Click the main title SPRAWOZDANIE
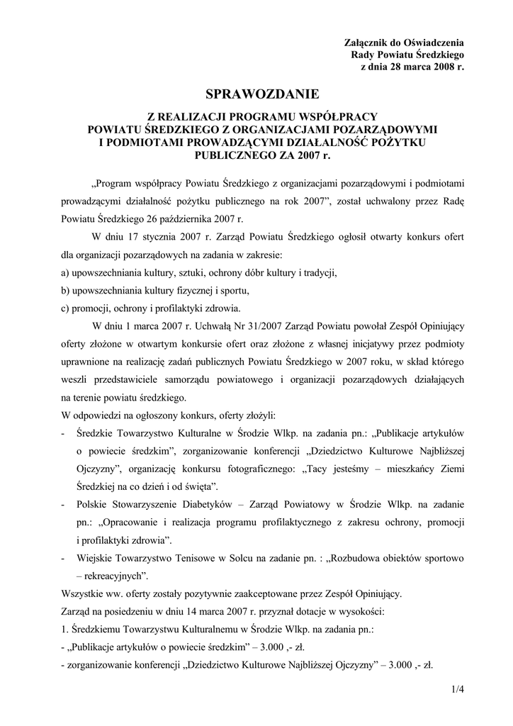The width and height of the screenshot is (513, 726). tap(262, 94)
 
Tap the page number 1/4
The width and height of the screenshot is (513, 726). tap(457, 688)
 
